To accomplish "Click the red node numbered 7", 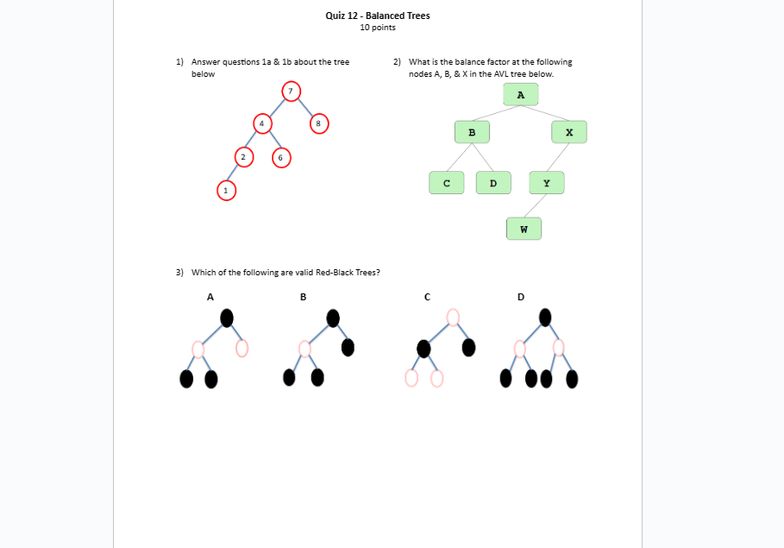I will pyautogui.click(x=291, y=91).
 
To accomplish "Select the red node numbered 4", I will pyautogui.click(x=261, y=123).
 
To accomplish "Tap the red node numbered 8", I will pyautogui.click(x=318, y=123).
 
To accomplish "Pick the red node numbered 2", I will pyautogui.click(x=243, y=157).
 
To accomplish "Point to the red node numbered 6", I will pyautogui.click(x=280, y=157).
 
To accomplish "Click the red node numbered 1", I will pyautogui.click(x=226, y=190).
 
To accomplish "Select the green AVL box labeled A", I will pyautogui.click(x=520, y=95).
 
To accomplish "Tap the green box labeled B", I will pyautogui.click(x=472, y=132).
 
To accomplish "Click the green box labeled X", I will pyautogui.click(x=569, y=132).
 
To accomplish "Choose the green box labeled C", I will pyautogui.click(x=447, y=183).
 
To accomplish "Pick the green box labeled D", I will pyautogui.click(x=493, y=183).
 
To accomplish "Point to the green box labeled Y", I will pyautogui.click(x=546, y=183).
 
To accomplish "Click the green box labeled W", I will pyautogui.click(x=524, y=229).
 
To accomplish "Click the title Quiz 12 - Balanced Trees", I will pyautogui.click(x=378, y=16).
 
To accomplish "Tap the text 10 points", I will pyautogui.click(x=378, y=28).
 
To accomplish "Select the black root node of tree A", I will pyautogui.click(x=227, y=318).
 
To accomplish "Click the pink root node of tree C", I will pyautogui.click(x=454, y=318).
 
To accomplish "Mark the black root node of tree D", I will pyautogui.click(x=545, y=318).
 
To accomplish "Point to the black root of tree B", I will pyautogui.click(x=333, y=318).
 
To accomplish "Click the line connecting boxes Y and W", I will pyautogui.click(x=536, y=205).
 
